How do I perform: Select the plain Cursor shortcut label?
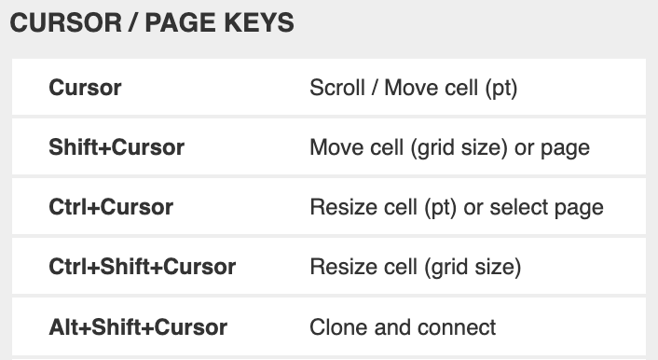tap(85, 89)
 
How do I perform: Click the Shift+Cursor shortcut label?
tap(117, 147)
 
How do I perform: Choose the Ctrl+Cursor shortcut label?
tap(111, 207)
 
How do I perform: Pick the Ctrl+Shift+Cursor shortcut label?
tap(142, 268)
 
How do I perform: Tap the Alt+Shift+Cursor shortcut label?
tap(138, 327)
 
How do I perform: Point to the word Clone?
tap(336, 327)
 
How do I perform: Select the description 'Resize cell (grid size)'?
tap(415, 268)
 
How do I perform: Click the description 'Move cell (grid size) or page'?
tap(449, 147)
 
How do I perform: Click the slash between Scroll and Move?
tap(373, 89)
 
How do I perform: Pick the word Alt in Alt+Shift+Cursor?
tap(63, 327)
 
